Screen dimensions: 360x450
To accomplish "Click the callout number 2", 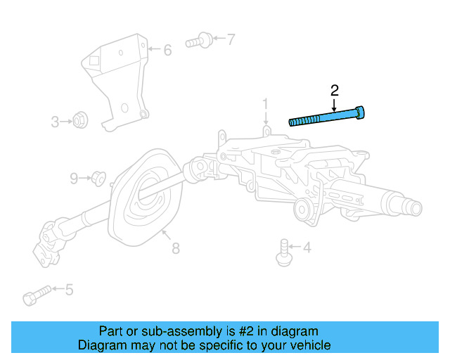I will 335,90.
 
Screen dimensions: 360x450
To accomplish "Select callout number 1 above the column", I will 266,105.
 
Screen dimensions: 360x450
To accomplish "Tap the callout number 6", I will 167,51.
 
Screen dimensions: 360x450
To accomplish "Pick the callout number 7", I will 231,39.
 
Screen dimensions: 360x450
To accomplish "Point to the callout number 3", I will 55,122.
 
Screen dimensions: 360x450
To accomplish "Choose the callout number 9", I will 74,179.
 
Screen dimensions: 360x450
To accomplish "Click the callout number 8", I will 175,247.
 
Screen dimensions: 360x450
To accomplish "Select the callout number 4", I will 307,247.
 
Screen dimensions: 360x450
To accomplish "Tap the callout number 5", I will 68,289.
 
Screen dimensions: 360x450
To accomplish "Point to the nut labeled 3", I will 80,122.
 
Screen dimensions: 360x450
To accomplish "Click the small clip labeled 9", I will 98,179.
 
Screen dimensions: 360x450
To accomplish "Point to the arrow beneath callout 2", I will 334,103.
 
